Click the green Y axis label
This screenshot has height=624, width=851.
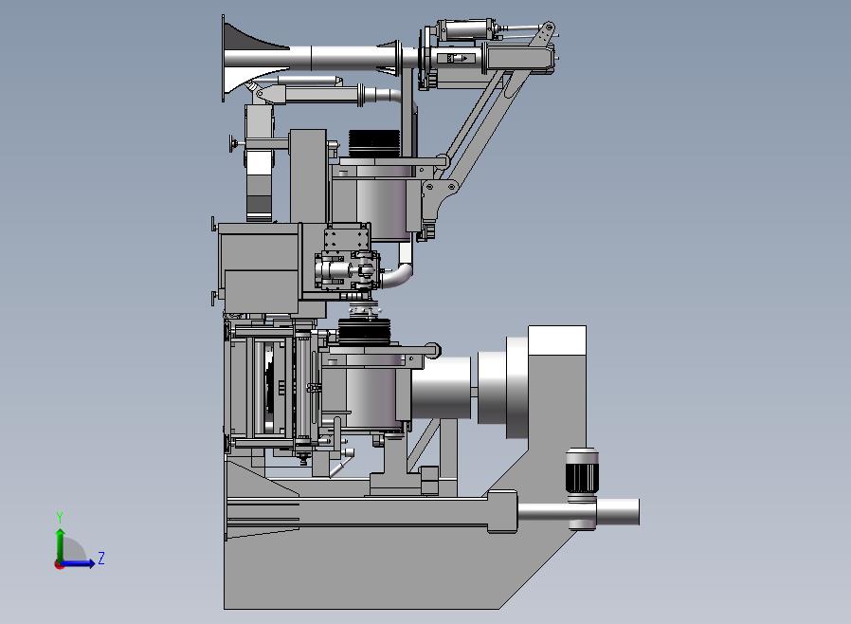tap(60, 518)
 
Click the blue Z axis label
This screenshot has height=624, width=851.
tap(101, 558)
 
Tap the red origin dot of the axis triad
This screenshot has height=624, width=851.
tap(59, 565)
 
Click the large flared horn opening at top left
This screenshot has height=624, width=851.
tap(239, 59)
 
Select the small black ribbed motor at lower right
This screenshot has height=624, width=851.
tap(581, 470)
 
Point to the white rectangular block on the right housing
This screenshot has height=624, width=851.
tap(557, 340)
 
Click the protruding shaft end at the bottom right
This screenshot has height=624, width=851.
tap(618, 512)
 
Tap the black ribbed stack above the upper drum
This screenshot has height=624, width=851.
tap(374, 143)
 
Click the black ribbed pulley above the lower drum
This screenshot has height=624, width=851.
tap(365, 332)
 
